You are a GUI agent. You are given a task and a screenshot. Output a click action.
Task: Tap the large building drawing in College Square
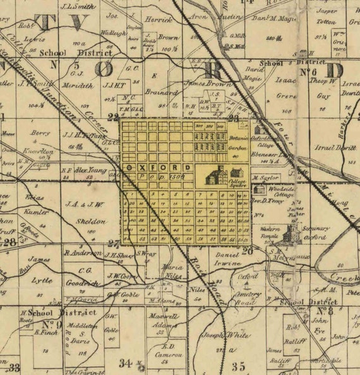tap(217, 175)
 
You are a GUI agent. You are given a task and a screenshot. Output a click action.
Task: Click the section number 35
tap(238, 366)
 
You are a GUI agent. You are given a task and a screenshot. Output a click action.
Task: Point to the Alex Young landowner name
tap(90, 169)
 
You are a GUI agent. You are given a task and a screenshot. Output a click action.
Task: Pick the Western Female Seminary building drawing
tap(291, 232)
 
